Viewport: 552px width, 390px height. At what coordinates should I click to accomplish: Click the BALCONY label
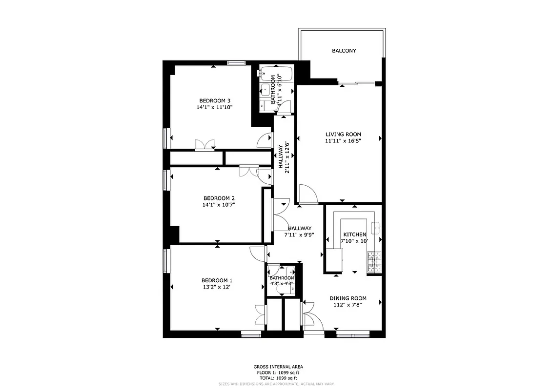pyautogui.click(x=344, y=51)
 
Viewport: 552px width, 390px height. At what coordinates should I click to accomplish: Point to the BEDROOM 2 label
pyautogui.click(x=219, y=198)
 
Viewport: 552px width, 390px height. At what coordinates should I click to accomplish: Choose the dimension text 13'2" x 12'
pyautogui.click(x=217, y=287)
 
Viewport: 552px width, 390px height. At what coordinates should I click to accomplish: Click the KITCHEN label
pyautogui.click(x=354, y=234)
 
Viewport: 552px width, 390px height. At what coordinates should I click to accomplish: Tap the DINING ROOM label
pyautogui.click(x=348, y=298)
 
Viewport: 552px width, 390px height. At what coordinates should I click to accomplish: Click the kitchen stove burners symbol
pyautogui.click(x=374, y=262)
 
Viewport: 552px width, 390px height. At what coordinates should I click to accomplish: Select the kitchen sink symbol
pyautogui.click(x=376, y=228)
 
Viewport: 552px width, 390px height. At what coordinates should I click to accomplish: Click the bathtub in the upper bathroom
pyautogui.click(x=276, y=74)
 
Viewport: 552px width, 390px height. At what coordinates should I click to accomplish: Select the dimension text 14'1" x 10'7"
pyautogui.click(x=219, y=205)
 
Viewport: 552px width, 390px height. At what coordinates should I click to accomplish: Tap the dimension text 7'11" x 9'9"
pyautogui.click(x=299, y=234)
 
